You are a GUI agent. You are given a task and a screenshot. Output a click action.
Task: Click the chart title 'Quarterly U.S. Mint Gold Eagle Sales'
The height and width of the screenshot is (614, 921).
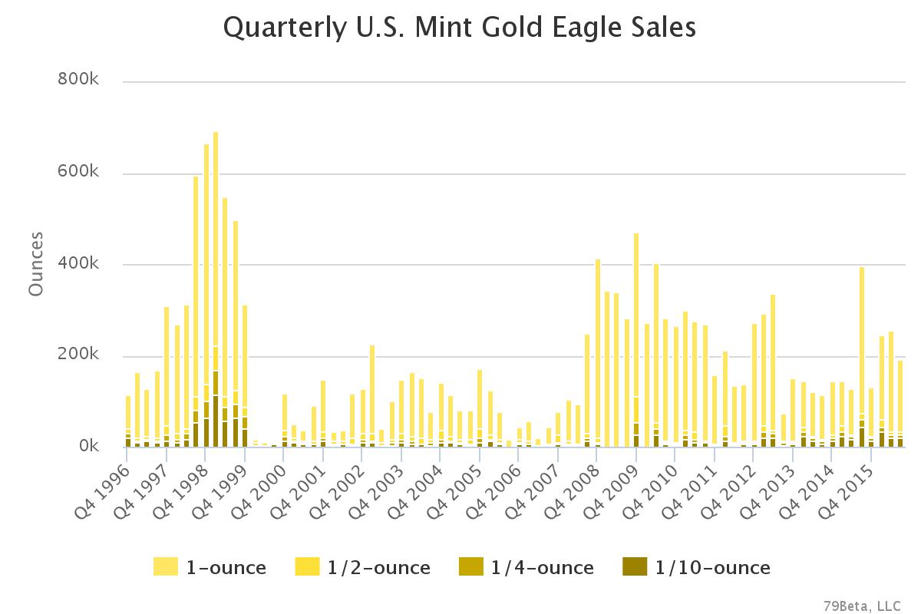pos(459,28)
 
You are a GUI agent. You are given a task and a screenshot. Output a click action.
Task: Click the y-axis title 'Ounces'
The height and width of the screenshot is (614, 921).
pos(35,263)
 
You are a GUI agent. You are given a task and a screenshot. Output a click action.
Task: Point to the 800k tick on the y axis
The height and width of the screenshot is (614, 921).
pos(79,80)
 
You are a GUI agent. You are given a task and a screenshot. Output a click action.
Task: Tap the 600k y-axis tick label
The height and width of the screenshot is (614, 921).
pos(79,172)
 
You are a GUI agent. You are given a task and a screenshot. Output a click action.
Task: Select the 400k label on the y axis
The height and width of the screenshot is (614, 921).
pos(79,263)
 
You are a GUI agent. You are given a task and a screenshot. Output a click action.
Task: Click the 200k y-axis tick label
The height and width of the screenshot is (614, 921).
pos(79,355)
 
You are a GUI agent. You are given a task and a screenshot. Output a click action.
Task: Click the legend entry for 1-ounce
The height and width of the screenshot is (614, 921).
pos(210,568)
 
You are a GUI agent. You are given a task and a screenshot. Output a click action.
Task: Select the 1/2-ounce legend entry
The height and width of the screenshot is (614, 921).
pos(362,568)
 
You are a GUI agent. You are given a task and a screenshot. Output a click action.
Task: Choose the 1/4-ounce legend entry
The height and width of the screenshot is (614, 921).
pos(526,568)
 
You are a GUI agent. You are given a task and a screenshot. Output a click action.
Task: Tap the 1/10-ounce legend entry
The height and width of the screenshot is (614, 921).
pos(696,568)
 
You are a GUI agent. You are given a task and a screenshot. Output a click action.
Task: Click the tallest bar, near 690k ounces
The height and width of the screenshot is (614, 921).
pos(216,292)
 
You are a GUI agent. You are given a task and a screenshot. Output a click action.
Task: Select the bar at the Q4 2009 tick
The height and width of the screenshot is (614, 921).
pos(636,342)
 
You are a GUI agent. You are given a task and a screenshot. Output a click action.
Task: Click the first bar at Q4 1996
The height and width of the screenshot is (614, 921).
pos(128,422)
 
